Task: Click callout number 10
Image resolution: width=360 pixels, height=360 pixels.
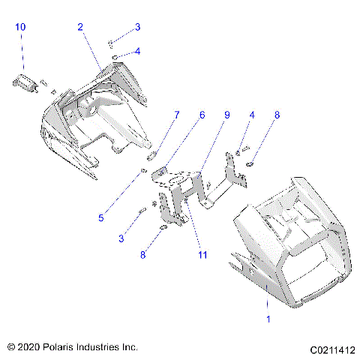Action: click(x=20, y=27)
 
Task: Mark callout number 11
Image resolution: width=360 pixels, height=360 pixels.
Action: click(x=202, y=255)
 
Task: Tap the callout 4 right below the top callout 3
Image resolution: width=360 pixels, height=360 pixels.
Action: click(x=137, y=51)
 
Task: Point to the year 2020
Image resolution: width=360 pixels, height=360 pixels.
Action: click(x=28, y=348)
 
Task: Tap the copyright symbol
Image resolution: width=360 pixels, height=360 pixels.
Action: click(x=10, y=348)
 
